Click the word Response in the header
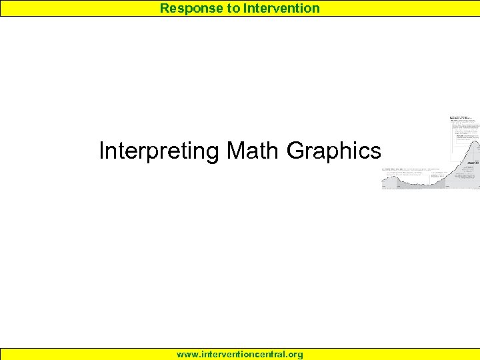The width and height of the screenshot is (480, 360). tap(188, 9)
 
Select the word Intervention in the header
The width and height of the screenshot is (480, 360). tap(281, 9)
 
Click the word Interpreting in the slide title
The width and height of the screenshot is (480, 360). tap(159, 151)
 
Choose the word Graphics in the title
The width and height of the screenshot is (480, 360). tap(333, 151)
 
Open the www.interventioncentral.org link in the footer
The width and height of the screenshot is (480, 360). tap(240, 355)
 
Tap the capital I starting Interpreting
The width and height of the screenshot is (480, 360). tap(101, 151)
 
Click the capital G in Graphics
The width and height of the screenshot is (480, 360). tap(295, 151)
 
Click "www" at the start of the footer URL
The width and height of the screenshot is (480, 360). tap(186, 355)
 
